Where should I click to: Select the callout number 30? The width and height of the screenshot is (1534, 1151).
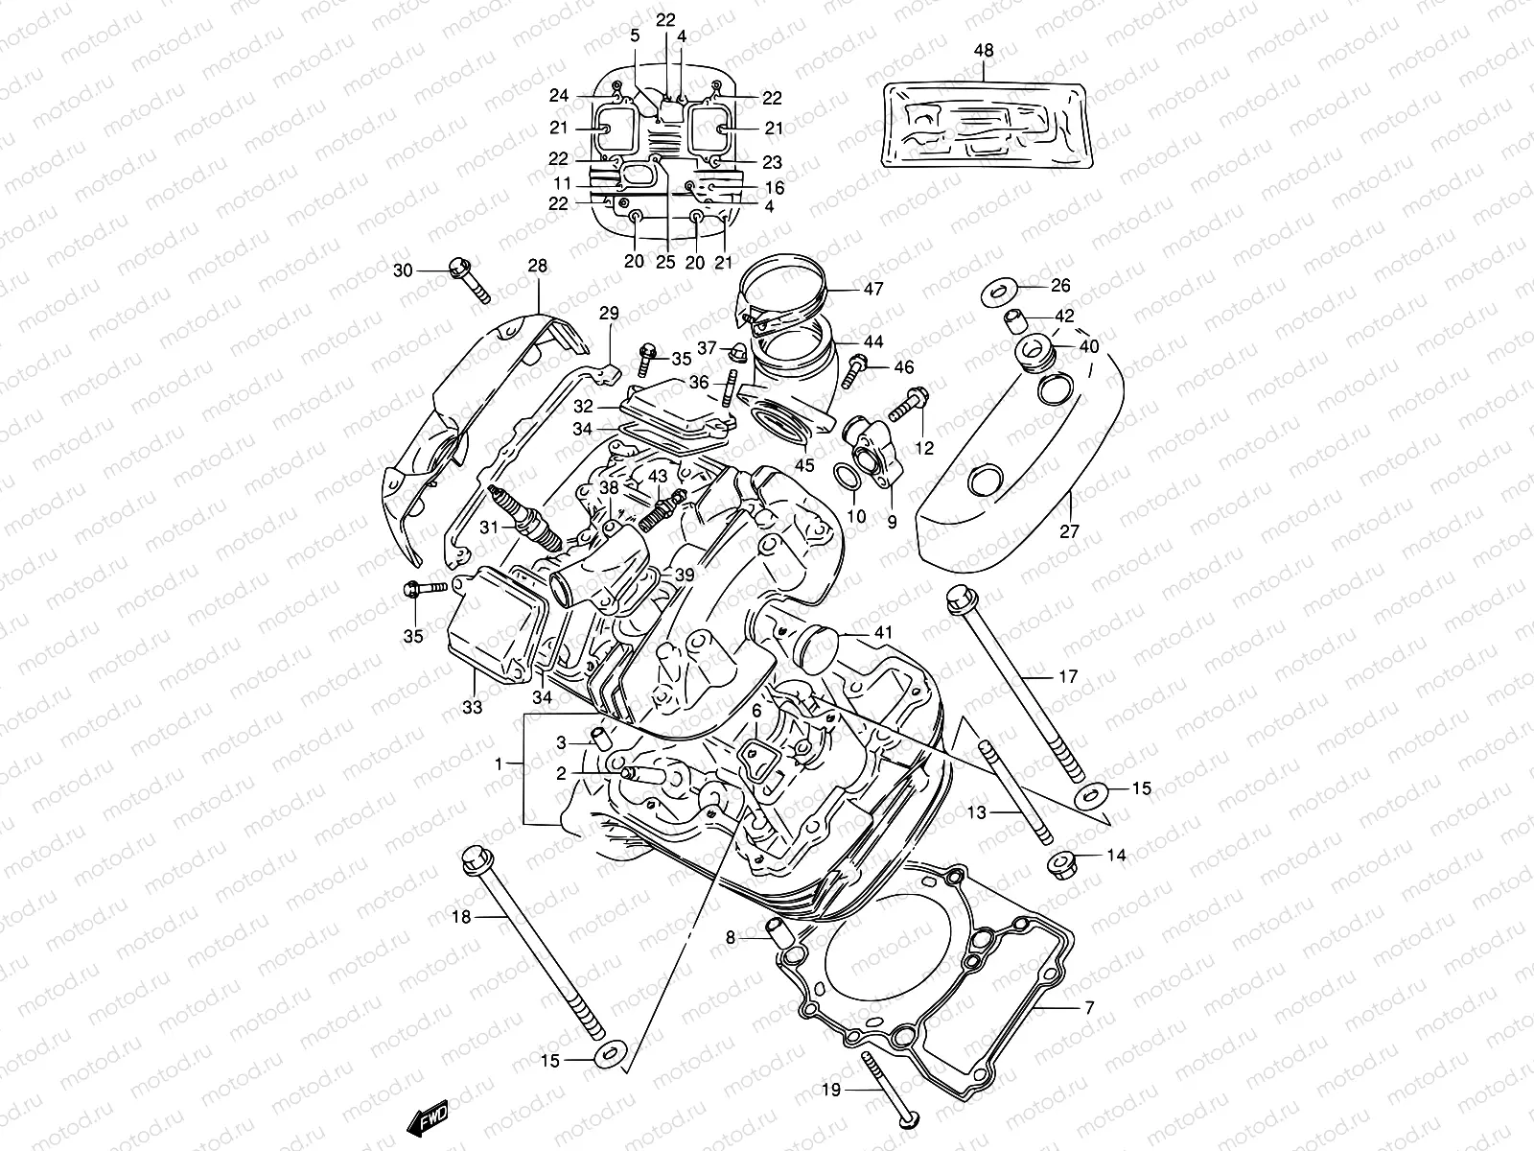(402, 271)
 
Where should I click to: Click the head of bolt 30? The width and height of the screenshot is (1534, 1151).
(458, 270)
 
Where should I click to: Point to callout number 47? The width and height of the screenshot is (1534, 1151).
(872, 289)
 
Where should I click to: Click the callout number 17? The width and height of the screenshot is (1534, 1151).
(1069, 676)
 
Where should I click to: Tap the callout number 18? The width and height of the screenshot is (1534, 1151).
(461, 918)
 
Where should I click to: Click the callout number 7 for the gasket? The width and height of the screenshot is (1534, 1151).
(1088, 1009)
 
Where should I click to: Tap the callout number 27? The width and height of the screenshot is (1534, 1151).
(1070, 531)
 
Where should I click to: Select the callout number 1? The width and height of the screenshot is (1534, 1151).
(498, 763)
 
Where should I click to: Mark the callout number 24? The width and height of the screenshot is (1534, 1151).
(559, 96)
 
